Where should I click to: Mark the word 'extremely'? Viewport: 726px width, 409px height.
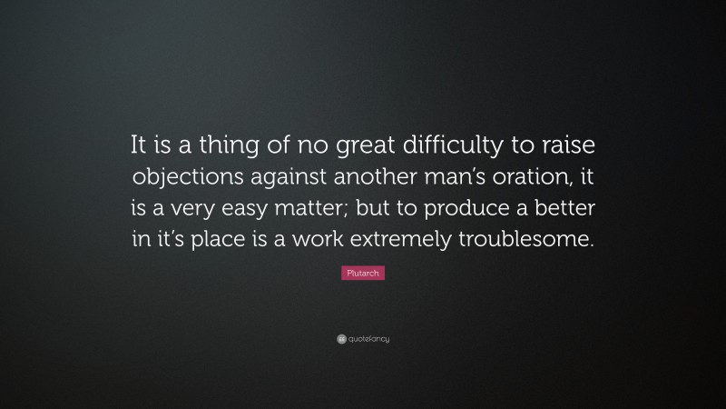click(x=417, y=240)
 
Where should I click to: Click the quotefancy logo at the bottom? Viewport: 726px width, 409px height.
click(x=363, y=339)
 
